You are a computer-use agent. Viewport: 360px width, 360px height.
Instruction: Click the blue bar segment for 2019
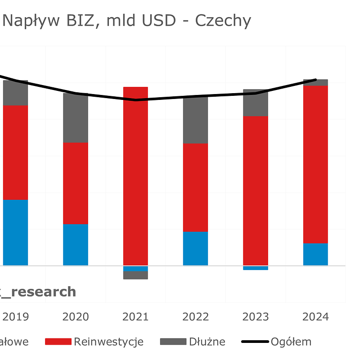pos(15,232)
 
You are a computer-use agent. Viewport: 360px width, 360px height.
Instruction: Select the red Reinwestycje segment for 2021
pos(135,176)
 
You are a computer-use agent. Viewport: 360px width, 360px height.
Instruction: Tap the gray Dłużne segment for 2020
pos(75,118)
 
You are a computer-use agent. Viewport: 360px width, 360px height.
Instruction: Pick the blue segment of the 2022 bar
pos(195,248)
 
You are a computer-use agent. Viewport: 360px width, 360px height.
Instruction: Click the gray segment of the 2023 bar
pos(255,103)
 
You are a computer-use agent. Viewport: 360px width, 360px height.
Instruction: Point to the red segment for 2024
pos(315,164)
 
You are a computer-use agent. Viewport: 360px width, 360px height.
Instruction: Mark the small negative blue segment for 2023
pos(255,268)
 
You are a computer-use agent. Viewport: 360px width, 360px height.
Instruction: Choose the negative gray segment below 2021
pos(135,275)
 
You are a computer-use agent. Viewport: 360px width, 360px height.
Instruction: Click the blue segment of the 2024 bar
pos(315,254)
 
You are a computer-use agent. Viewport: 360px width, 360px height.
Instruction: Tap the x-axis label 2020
pos(75,317)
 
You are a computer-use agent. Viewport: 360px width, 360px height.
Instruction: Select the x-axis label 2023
pos(255,317)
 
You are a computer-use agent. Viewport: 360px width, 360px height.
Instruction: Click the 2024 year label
pos(315,317)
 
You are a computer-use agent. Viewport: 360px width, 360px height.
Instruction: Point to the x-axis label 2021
pos(135,317)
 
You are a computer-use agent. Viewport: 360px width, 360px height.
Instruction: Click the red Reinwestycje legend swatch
pos(58,342)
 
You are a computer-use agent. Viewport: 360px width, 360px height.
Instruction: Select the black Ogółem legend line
pos(255,342)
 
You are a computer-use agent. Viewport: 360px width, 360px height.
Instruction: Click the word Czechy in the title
pos(223,21)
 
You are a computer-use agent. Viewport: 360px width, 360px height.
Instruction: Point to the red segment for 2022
pos(195,188)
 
